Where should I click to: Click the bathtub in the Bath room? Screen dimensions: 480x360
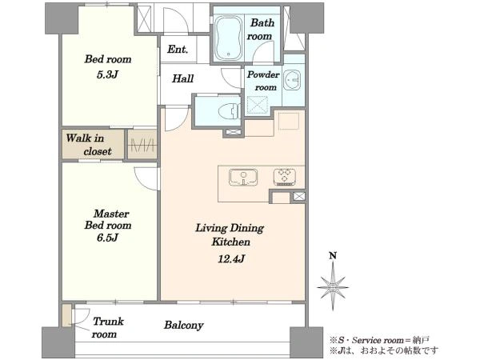(228, 38)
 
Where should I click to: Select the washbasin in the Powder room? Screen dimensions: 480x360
(292, 80)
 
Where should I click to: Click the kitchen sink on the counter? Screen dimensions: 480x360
(243, 178)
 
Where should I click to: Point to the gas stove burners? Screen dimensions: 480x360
(285, 177)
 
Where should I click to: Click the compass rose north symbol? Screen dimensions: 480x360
(333, 287)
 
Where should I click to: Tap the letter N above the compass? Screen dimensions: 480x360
(333, 256)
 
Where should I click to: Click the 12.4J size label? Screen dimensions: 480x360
(231, 259)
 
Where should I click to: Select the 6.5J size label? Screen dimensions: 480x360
(107, 238)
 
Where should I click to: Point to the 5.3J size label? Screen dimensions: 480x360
(107, 74)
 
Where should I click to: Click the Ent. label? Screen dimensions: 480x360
(178, 49)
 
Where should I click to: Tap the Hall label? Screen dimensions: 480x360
(182, 78)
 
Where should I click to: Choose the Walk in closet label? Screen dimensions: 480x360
(89, 145)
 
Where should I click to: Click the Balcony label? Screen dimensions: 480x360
(184, 325)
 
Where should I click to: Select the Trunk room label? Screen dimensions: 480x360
(107, 327)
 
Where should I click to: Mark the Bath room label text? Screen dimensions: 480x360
(260, 30)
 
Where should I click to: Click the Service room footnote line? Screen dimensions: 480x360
(379, 340)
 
